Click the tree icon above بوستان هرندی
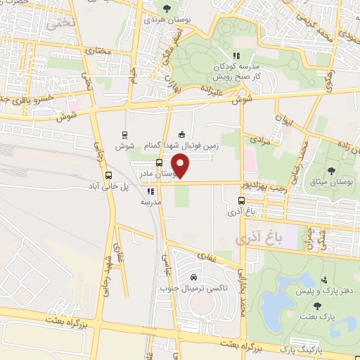point(166,8)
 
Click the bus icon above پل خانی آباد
point(108,176)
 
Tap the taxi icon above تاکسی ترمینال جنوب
point(184,276)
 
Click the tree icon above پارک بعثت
point(317,306)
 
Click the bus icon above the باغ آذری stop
point(241,200)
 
